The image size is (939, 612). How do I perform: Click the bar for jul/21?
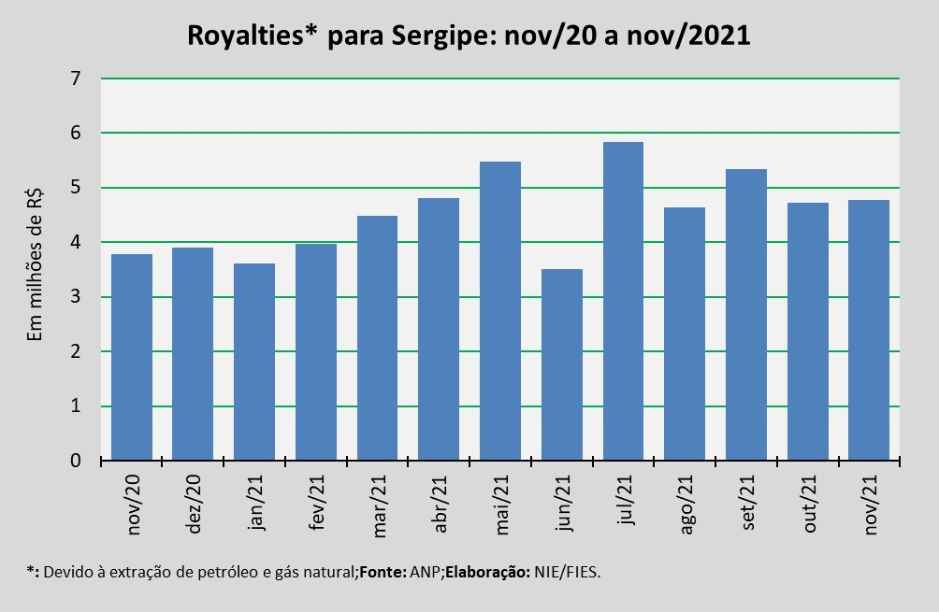tap(623, 301)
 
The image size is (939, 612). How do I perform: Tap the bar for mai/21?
tap(500, 311)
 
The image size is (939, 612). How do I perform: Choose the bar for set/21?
tap(746, 315)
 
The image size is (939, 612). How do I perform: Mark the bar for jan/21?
tap(254, 362)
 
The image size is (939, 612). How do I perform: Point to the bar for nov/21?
tap(869, 330)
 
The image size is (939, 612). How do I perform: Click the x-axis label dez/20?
tap(195, 505)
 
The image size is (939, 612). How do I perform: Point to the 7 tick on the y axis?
tap(76, 78)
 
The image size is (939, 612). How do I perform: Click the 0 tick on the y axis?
tap(76, 461)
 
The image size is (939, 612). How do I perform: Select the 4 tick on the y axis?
tap(76, 243)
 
